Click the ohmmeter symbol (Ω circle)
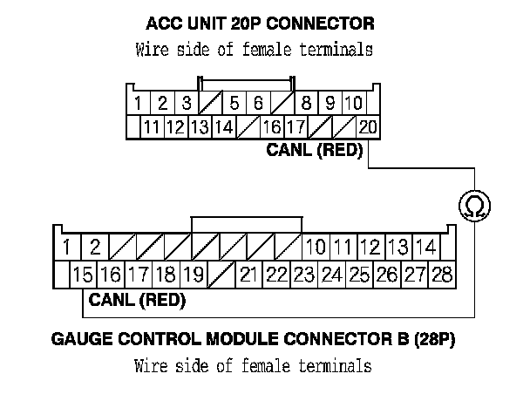pyautogui.click(x=473, y=206)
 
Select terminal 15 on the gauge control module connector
pyautogui.click(x=83, y=275)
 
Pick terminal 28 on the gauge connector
pyautogui.click(x=442, y=275)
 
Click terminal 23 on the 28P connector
pyautogui.click(x=303, y=275)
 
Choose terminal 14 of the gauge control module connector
pyautogui.click(x=425, y=247)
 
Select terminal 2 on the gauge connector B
pyautogui.click(x=95, y=247)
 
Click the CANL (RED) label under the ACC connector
pyautogui.click(x=315, y=151)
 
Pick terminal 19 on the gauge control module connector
pyautogui.click(x=193, y=275)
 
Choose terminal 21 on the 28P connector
pyautogui.click(x=249, y=275)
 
